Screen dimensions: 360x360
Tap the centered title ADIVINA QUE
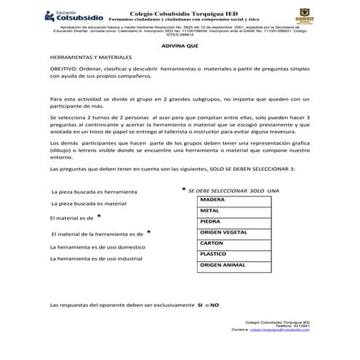(180, 45)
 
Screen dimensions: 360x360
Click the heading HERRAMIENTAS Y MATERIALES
(90, 56)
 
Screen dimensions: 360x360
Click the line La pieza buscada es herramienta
(92, 191)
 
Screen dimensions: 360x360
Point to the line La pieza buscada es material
(88, 204)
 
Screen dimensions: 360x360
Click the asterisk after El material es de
(98, 217)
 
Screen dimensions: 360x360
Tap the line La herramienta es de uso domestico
(96, 247)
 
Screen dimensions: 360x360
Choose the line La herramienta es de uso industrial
(95, 259)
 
